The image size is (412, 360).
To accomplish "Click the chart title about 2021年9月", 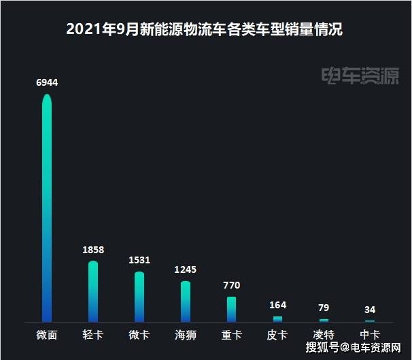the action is (205, 29).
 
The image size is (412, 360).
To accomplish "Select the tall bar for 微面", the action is (47, 208).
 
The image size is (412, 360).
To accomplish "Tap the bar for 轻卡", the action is (93, 291).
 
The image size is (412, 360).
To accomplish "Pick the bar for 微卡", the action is (139, 297).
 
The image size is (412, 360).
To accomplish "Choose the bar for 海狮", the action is (186, 301).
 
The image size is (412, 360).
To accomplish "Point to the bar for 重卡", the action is (231, 309).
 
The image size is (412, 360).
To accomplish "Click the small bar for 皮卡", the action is (278, 319).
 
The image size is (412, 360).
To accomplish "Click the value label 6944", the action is (47, 82).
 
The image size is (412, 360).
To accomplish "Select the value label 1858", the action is (93, 250).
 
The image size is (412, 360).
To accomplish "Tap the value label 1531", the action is (139, 260).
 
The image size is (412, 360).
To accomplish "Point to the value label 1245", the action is (186, 269).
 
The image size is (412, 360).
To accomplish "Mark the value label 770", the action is (231, 285).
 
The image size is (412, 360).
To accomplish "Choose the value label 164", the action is (278, 305).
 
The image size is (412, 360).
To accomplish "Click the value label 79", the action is (324, 308).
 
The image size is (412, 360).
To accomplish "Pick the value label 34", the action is (370, 310).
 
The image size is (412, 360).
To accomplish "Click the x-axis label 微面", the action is (47, 335).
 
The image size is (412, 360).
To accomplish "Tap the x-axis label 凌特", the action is (324, 335).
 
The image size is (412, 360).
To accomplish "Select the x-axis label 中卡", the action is (370, 335).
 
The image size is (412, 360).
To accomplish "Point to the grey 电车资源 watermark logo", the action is (360, 76).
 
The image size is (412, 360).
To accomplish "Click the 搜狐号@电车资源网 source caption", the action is (353, 348).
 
